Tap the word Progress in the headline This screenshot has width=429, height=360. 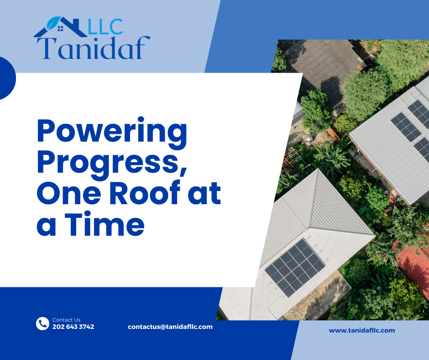coord(108,163)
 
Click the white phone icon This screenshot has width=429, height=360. coord(42,323)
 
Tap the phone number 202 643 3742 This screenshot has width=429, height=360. coord(73,327)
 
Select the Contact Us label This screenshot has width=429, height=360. coord(67,320)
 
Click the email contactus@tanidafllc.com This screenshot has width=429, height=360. coord(170,327)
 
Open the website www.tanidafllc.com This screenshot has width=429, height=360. coord(362,330)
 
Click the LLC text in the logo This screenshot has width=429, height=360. coord(106,27)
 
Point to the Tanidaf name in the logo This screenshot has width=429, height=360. coord(94,48)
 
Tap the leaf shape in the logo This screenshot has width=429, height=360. coord(54,23)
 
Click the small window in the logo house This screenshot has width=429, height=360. coord(60,28)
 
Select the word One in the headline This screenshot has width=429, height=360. coord(71,193)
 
